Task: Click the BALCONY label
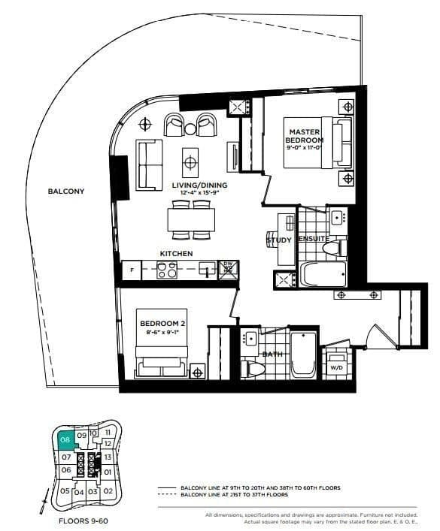(66, 191)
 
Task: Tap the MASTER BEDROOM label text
(306, 136)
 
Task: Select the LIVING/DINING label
(199, 185)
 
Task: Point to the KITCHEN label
(177, 254)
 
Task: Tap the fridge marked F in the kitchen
(132, 270)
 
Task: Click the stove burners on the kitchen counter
(166, 270)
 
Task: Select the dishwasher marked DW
(229, 269)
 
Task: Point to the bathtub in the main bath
(303, 353)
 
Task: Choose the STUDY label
(278, 240)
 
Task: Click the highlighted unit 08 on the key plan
(65, 441)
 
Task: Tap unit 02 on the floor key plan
(108, 491)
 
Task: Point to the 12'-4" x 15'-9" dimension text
(199, 194)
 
